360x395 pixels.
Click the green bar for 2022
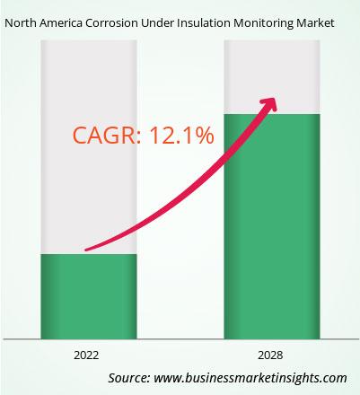click(89, 296)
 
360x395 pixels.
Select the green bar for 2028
click(272, 226)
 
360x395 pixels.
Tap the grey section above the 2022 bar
click(89, 147)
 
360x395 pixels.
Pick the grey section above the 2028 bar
click(272, 77)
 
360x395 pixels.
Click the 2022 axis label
click(86, 355)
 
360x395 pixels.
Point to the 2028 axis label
click(270, 355)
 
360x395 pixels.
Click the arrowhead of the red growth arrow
click(269, 104)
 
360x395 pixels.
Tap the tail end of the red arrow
click(86, 250)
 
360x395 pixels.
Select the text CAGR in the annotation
click(104, 136)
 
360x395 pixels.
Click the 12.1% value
click(181, 136)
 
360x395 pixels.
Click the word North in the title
click(21, 23)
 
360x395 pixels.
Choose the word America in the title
click(61, 23)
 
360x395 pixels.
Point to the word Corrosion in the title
click(111, 23)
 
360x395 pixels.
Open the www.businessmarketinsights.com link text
click(250, 378)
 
